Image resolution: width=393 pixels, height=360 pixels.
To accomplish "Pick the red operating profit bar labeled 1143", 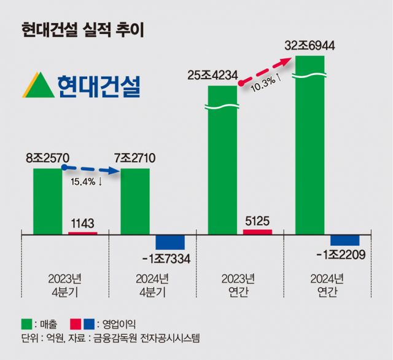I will pos(82,233).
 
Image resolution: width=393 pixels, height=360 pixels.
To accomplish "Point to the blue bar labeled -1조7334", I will pos(170,241).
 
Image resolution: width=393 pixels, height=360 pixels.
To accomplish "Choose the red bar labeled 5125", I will pos(257,232).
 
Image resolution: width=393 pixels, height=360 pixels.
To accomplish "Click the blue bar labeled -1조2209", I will pos(345,240).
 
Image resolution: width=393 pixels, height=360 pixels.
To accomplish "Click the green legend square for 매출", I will pos(25,323).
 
